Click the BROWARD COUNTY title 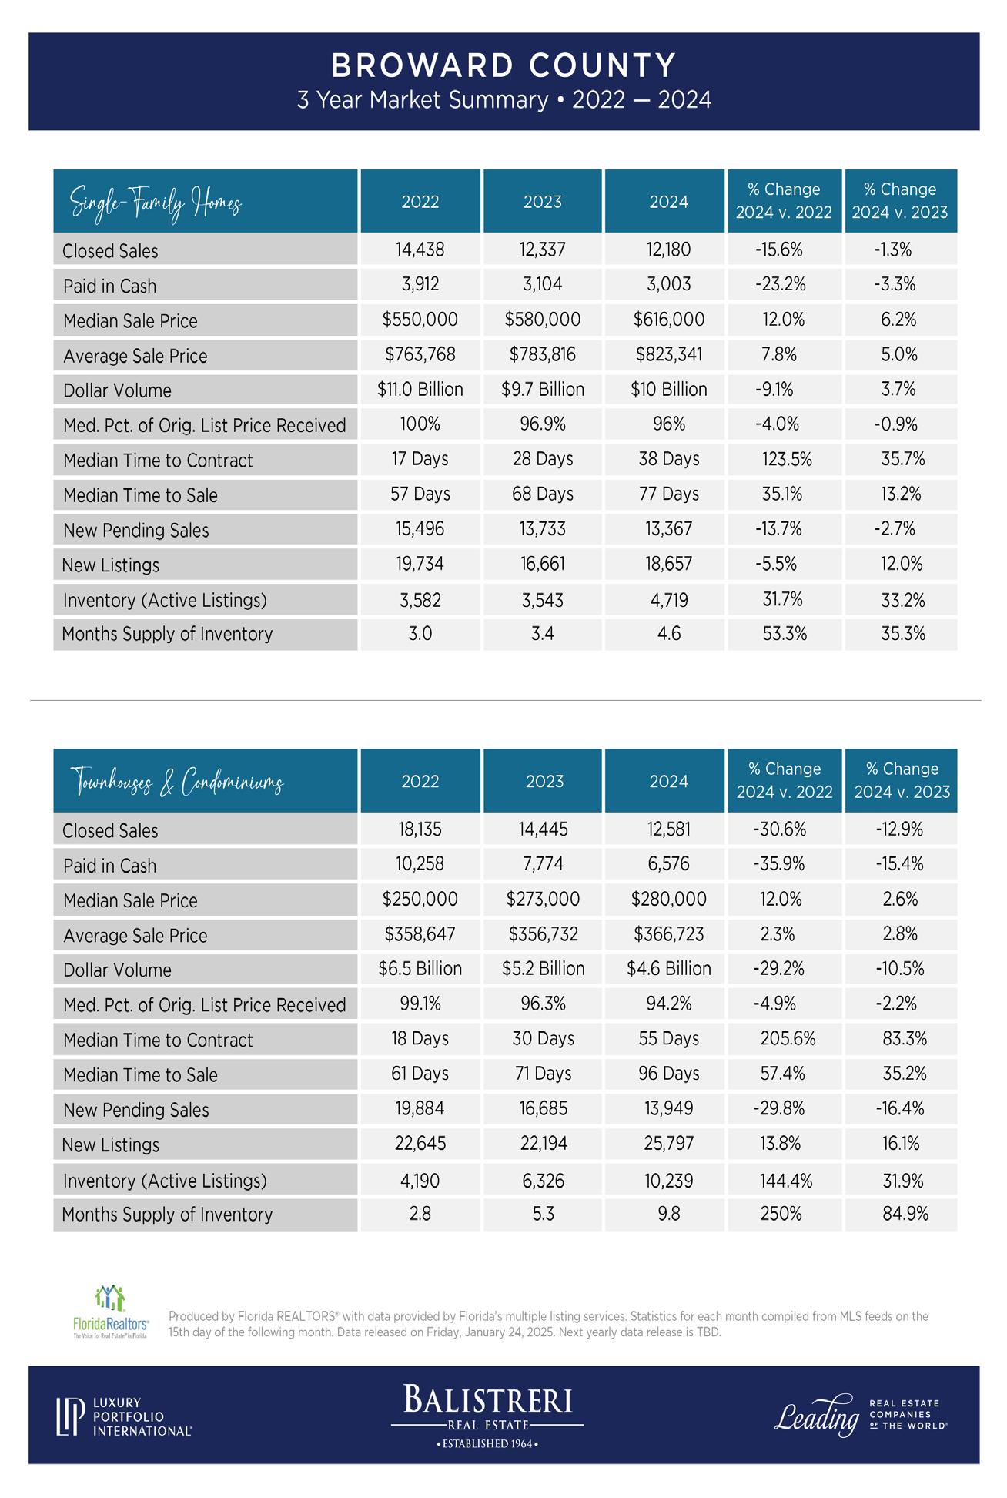pos(503,66)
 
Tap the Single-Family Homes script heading pos(156,203)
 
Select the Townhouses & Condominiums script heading pos(178,783)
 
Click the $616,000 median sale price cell pos(668,320)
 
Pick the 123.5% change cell pos(786,460)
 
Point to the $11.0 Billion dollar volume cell pos(420,390)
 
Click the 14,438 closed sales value pos(420,250)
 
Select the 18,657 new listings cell pos(668,565)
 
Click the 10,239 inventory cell pos(668,1181)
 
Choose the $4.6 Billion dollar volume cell pos(668,969)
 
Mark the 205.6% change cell pos(787,1039)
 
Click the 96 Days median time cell pos(668,1074)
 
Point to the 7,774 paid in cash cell pos(543,864)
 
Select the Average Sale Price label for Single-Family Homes pos(135,356)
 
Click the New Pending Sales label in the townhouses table pos(135,1110)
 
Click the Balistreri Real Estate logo pos(487,1416)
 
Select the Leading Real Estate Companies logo pos(860,1416)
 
